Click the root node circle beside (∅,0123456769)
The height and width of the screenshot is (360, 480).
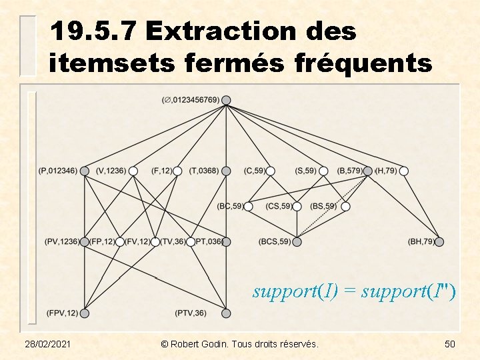(x=226, y=100)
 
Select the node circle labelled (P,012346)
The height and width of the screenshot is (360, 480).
(x=85, y=171)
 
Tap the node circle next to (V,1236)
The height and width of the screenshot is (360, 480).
(x=133, y=171)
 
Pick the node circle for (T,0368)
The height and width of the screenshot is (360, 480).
(x=226, y=171)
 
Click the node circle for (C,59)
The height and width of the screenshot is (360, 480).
(x=271, y=171)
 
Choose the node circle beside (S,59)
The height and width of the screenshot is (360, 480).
(x=323, y=171)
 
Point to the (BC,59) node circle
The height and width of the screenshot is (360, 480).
(x=249, y=207)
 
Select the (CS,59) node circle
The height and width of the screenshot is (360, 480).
(x=297, y=207)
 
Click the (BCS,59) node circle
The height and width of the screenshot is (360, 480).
(x=297, y=241)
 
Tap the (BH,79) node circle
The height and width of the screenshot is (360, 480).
(x=439, y=241)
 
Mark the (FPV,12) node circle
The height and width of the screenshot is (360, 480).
(x=85, y=313)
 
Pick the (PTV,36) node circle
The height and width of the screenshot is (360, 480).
(x=226, y=313)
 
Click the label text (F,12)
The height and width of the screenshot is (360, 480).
(x=162, y=171)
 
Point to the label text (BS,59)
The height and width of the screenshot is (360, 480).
(x=323, y=207)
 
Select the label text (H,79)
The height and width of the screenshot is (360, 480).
(x=386, y=171)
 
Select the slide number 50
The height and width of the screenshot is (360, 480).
(x=449, y=344)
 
